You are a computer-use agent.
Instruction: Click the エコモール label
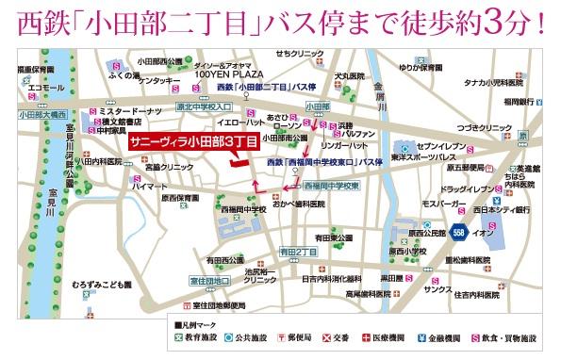tap(46, 88)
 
